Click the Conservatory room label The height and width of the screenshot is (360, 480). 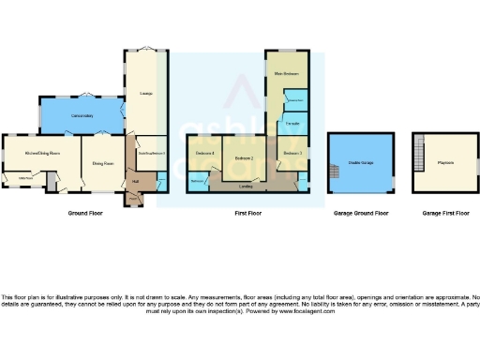click(80, 115)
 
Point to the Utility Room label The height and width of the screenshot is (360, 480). click(26, 177)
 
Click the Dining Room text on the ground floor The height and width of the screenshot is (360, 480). click(102, 164)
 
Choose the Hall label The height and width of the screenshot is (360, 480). click(136, 181)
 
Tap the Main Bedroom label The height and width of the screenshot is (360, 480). click(286, 73)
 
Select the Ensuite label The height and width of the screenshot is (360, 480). click(292, 123)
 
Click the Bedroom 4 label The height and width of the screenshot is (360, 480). click(205, 152)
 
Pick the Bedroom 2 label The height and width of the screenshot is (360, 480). click(246, 158)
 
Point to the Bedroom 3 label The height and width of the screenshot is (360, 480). click(292, 152)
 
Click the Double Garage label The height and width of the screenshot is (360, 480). click(360, 162)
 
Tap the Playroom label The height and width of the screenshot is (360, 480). click(445, 162)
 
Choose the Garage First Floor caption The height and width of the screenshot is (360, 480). click(444, 214)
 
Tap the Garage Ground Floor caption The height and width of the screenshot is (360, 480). click(361, 214)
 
